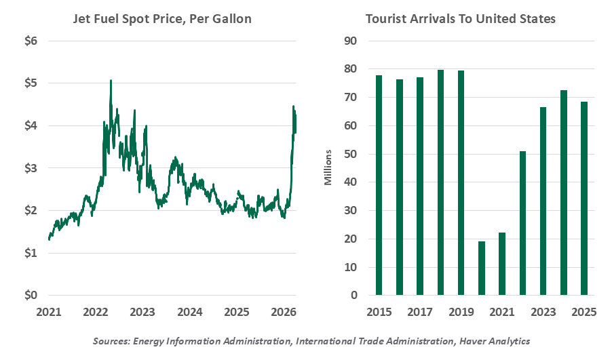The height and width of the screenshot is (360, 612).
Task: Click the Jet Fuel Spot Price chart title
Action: [162, 19]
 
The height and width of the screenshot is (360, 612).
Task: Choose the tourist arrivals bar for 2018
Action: [441, 182]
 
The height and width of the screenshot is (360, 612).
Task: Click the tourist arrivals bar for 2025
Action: [584, 199]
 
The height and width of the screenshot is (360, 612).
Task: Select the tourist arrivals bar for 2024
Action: [565, 193]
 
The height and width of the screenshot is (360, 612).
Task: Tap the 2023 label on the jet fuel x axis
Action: [143, 313]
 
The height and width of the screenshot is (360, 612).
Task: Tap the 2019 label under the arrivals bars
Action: [461, 313]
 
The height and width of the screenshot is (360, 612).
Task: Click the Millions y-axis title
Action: [328, 168]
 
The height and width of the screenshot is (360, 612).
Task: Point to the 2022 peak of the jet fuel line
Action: [111, 81]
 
